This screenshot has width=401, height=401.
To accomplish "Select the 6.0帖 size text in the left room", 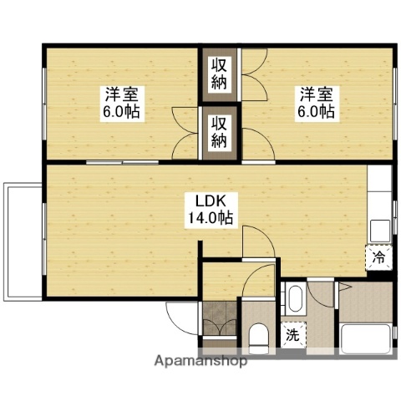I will (x=121, y=111).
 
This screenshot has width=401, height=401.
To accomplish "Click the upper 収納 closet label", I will (x=219, y=74).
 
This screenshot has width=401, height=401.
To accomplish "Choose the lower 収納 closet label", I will (x=219, y=131).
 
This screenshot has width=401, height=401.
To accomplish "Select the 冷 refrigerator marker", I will (x=377, y=256).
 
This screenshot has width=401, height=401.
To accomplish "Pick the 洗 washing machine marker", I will (x=292, y=335).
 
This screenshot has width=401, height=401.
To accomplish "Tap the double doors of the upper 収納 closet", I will (x=254, y=74).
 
